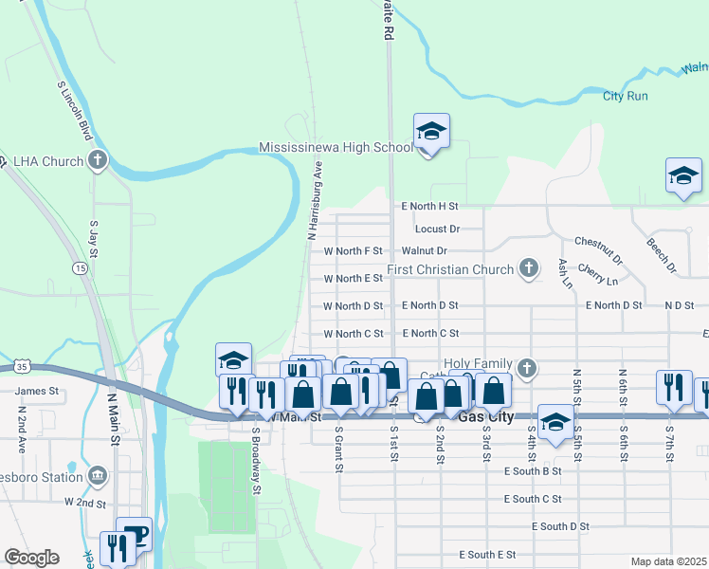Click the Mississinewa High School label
[336, 148]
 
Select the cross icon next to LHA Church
[97, 160]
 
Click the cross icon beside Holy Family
[529, 367]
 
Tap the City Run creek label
[626, 96]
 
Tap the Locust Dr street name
[437, 229]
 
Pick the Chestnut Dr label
[597, 251]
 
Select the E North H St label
[429, 205]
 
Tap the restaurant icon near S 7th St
[673, 387]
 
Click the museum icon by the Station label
[97, 474]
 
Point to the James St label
[36, 390]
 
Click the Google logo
[31, 558]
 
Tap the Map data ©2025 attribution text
[668, 561]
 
